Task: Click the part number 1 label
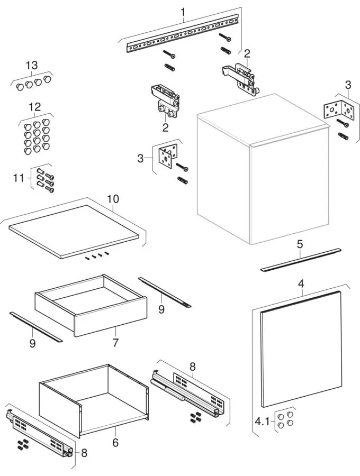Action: click(x=183, y=12)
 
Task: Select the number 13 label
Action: click(x=32, y=66)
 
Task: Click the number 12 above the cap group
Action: click(x=34, y=107)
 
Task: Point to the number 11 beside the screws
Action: click(x=19, y=178)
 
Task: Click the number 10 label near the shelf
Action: click(x=113, y=199)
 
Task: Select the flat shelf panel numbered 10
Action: click(x=74, y=230)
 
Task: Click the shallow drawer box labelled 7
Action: click(x=90, y=306)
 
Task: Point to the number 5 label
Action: click(x=300, y=245)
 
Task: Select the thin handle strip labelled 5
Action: click(x=301, y=260)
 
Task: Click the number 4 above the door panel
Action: click(x=301, y=283)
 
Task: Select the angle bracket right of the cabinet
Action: click(x=338, y=111)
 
